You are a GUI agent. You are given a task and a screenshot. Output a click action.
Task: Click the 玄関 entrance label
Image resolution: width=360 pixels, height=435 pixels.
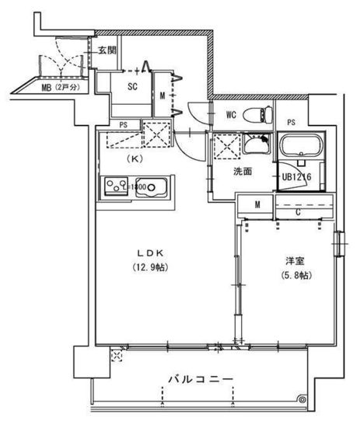tap(107, 50)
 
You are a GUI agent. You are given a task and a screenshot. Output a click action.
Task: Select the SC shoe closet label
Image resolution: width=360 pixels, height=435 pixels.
tap(132, 86)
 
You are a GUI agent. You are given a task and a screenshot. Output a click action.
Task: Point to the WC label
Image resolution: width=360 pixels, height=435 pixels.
tap(231, 116)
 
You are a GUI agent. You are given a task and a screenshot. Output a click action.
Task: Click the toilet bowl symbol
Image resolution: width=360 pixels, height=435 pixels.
tap(253, 117)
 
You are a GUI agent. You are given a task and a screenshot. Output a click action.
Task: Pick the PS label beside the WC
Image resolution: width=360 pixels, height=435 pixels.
tap(291, 122)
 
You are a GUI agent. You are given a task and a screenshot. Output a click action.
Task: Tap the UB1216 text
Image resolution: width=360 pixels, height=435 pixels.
tap(296, 177)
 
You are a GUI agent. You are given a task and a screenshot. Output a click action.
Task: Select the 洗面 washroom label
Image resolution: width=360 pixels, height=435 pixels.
tap(242, 171)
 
